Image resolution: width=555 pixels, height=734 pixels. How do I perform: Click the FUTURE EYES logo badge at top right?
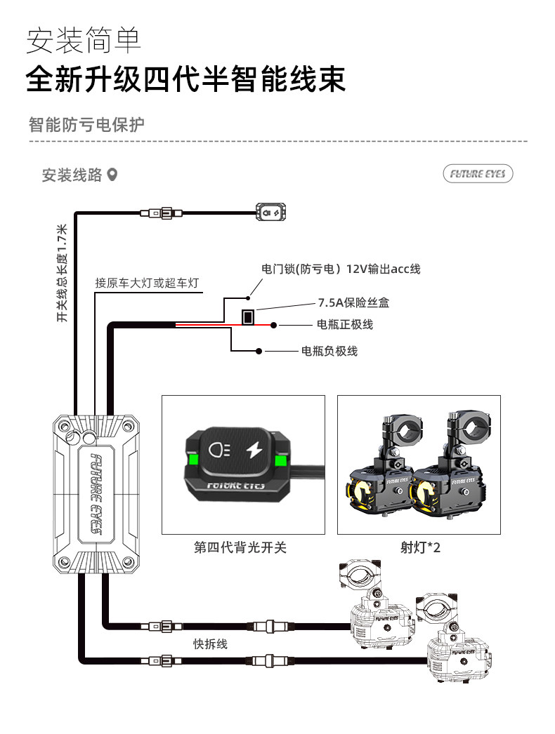pos(478,174)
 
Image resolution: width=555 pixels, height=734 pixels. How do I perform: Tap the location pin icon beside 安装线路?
pos(112,175)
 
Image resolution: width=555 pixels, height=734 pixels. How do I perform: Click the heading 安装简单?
pos(84,41)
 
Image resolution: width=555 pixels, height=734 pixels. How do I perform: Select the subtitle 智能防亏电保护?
pos(86,125)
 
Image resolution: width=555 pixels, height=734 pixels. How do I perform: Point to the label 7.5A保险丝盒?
pos(353,303)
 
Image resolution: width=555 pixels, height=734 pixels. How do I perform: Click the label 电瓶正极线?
pos(345,324)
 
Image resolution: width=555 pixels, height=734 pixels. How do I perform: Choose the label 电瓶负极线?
pos(329,351)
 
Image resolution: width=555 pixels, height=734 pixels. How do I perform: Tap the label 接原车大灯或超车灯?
pos(147,283)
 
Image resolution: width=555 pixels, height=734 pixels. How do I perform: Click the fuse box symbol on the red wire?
pos(248,317)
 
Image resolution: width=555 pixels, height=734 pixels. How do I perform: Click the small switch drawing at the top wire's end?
pos(270,211)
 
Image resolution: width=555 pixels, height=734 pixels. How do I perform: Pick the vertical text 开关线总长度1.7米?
pos(62,274)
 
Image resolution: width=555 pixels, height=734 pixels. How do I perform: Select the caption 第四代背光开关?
pos(240,547)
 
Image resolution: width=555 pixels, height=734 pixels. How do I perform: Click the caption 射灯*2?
pos(420,547)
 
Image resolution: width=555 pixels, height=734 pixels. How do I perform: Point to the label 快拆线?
pos(211,643)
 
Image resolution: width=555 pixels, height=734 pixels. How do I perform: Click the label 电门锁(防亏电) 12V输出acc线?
pos(341,269)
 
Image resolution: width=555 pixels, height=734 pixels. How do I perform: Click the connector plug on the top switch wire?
pos(160,213)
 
